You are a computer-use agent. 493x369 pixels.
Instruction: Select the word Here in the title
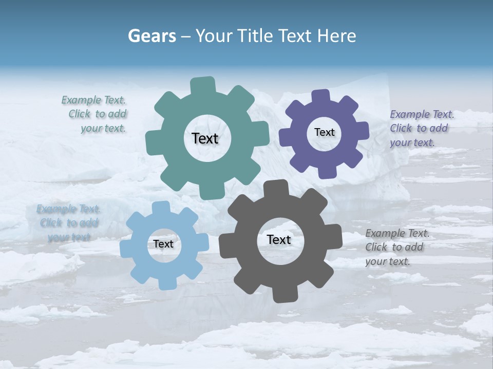point(337,36)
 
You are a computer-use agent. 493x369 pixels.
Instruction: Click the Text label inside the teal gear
point(205,138)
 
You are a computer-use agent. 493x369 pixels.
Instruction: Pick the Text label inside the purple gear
point(324,132)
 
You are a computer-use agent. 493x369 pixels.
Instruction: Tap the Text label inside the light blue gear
point(163,244)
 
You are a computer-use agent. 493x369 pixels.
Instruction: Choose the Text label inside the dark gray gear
point(279,239)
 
